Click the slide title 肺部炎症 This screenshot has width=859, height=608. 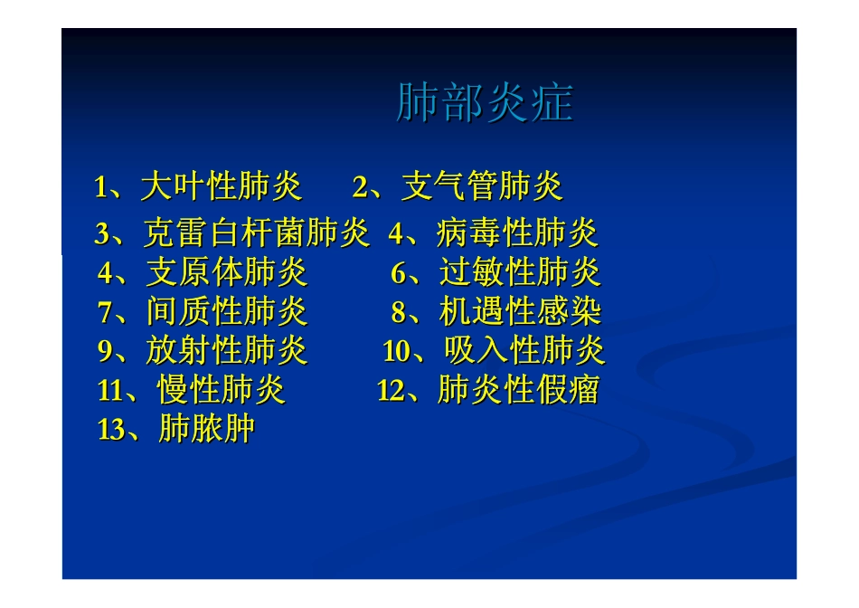point(485,104)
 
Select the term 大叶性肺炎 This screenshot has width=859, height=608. point(222,187)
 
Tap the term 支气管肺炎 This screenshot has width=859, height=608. point(482,187)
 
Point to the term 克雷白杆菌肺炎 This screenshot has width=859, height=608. point(257,234)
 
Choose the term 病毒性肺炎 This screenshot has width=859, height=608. point(517,234)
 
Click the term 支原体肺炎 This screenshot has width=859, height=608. point(227,272)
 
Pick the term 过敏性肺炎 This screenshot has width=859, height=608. point(520,272)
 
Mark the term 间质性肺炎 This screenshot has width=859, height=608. point(227,312)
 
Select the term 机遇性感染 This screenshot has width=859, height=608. point(520,312)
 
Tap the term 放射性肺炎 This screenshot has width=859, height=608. point(227,351)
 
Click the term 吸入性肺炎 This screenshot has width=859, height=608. point(524,351)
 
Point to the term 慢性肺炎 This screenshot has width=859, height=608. point(222,391)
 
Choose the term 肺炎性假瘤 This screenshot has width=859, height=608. point(518,391)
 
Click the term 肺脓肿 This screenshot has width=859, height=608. point(206,429)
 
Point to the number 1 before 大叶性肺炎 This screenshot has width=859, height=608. point(101,188)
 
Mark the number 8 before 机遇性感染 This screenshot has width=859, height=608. point(398,313)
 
